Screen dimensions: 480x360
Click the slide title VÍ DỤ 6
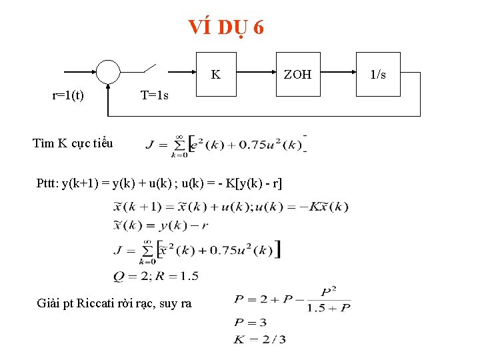click(x=226, y=27)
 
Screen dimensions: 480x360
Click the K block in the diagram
click(x=216, y=74)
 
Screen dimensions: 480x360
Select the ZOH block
click(x=297, y=74)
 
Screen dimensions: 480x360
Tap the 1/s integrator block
click(x=378, y=74)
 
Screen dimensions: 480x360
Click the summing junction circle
click(x=108, y=71)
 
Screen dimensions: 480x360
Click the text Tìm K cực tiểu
click(x=73, y=143)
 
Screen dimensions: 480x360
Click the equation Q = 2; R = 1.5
click(x=156, y=275)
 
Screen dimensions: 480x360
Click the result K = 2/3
click(x=260, y=339)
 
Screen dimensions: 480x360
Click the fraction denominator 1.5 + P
click(x=328, y=307)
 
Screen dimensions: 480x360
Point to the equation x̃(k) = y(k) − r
click(x=161, y=225)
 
